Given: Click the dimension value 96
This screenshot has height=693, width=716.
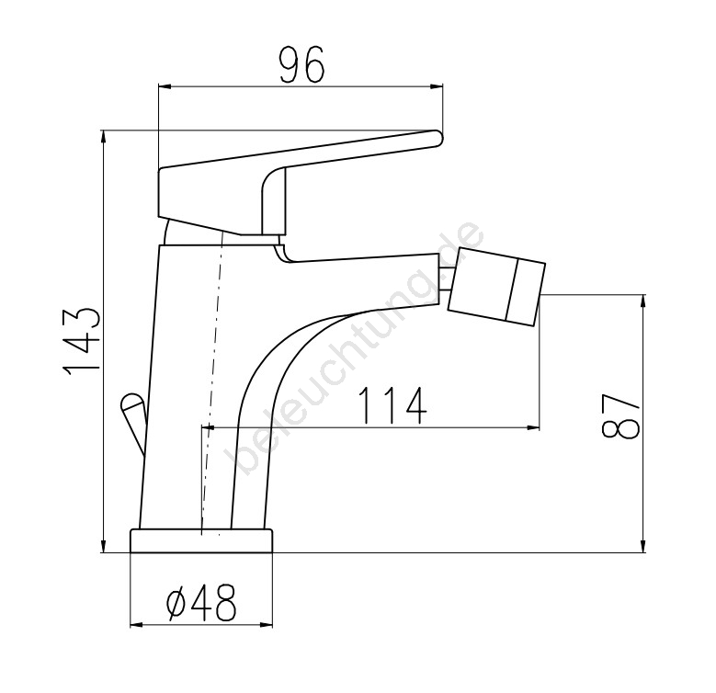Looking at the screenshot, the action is (302, 65).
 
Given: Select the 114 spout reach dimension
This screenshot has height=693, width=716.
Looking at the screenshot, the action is (392, 405).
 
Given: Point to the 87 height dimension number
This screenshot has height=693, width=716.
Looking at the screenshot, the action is (620, 415).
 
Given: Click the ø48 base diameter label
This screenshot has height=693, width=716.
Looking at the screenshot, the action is (201, 603).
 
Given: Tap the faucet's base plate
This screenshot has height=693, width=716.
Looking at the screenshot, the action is (201, 540).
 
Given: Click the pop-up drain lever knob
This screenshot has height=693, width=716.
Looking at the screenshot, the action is (132, 404).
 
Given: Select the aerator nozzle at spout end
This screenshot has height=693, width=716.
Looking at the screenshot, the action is (497, 286).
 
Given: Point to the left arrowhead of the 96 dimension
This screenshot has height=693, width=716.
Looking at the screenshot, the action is (164, 85).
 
